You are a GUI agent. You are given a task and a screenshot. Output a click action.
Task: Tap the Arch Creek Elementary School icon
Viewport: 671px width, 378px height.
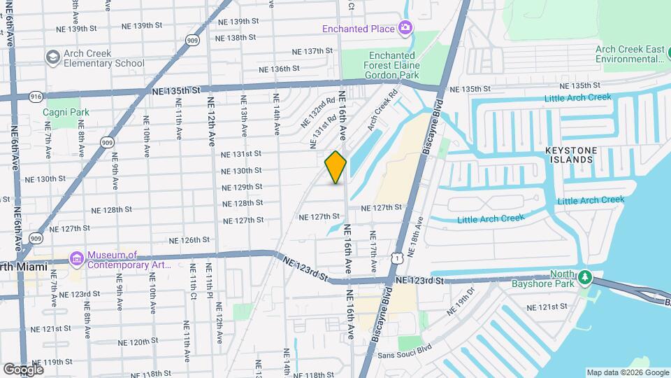52,57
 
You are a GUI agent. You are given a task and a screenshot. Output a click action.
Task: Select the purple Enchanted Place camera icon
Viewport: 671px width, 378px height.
404,28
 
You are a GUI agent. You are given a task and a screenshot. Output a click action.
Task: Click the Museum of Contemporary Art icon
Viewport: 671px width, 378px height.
75,260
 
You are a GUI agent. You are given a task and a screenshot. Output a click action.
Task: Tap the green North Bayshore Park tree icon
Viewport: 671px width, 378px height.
586,279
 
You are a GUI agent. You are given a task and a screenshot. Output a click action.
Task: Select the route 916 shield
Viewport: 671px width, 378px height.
37,96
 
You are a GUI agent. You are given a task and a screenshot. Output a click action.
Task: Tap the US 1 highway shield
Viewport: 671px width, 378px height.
397,259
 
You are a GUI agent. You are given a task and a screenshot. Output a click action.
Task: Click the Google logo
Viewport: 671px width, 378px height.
24,369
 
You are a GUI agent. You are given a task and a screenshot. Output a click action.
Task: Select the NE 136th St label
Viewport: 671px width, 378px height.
279,69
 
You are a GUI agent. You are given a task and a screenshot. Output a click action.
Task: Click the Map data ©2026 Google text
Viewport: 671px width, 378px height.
627,372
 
